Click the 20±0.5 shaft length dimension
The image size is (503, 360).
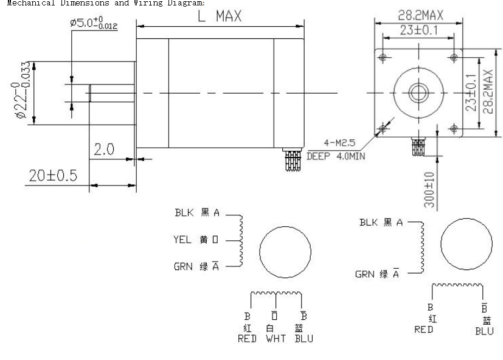53,176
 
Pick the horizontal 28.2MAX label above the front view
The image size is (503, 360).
419,14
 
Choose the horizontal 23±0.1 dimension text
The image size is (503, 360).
418,29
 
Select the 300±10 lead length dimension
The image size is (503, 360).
429,189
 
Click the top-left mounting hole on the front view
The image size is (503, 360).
383,57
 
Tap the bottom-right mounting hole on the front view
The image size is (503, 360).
454,128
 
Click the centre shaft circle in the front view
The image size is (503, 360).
418,92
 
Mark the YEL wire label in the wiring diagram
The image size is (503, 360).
183,240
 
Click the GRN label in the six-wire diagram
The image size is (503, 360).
183,267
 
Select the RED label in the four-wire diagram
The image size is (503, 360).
424,330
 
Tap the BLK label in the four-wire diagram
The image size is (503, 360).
369,223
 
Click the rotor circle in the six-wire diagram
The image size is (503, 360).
285,251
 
